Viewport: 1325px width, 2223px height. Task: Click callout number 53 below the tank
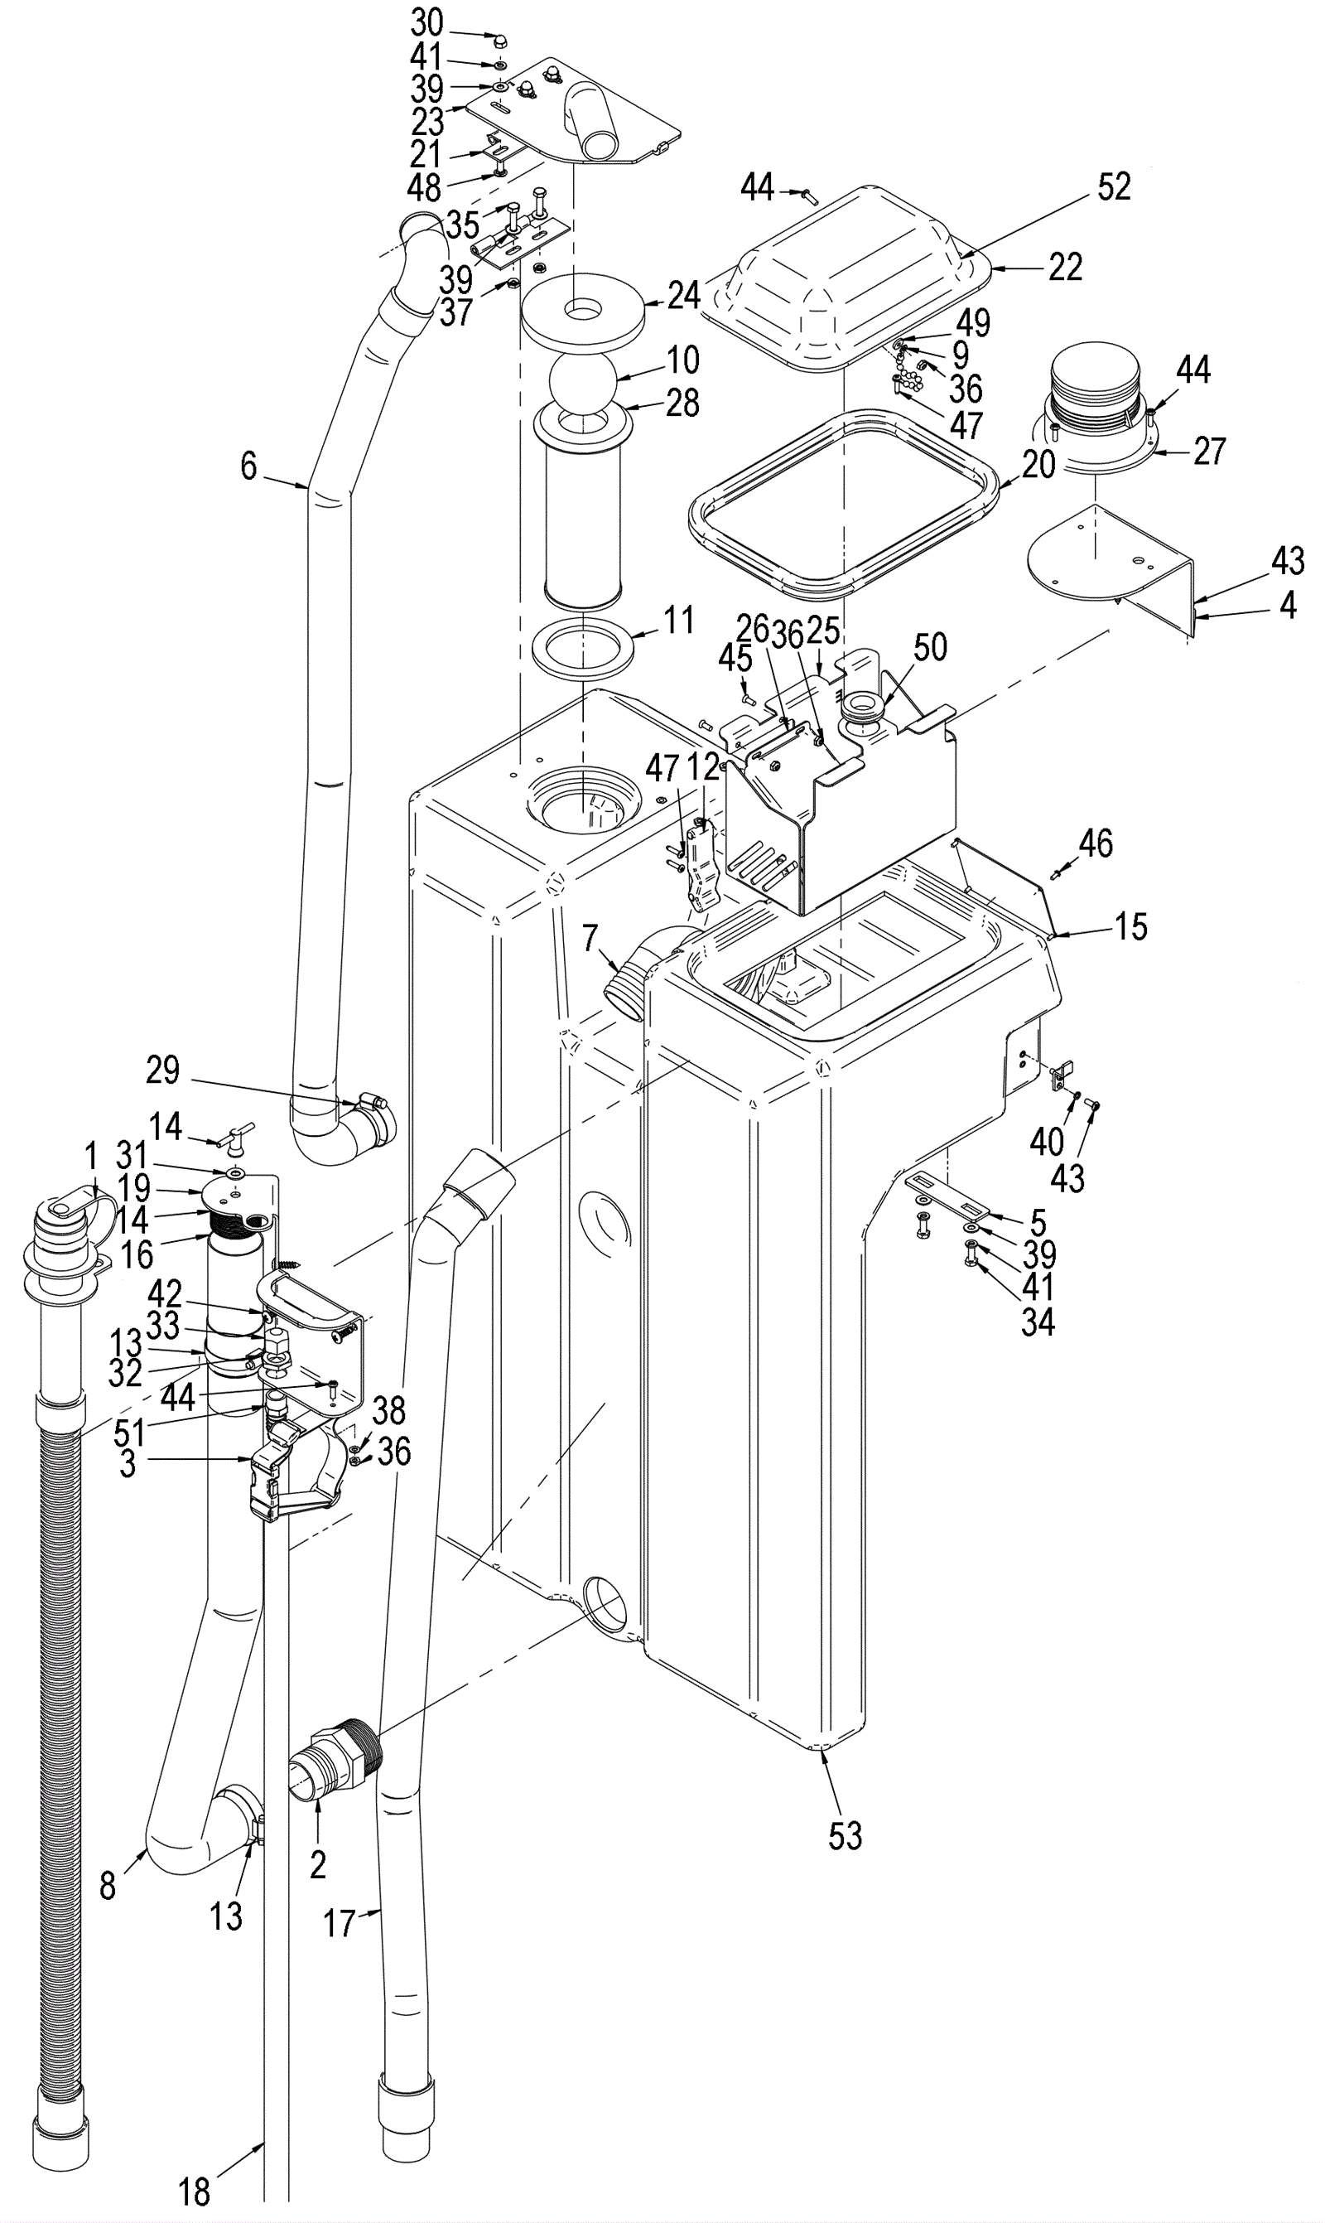[x=845, y=1835]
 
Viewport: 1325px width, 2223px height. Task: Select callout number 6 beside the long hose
[x=248, y=466]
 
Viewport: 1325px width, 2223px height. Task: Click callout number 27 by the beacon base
[x=1209, y=451]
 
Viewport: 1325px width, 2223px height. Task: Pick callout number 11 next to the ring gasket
[x=678, y=620]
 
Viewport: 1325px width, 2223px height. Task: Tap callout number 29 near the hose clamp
[x=162, y=1069]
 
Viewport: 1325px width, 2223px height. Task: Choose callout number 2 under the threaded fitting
[x=318, y=1865]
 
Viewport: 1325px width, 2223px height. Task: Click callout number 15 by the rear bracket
[x=1130, y=926]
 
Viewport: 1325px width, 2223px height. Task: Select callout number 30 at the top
[x=426, y=22]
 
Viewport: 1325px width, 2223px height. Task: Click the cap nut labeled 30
[x=499, y=41]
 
